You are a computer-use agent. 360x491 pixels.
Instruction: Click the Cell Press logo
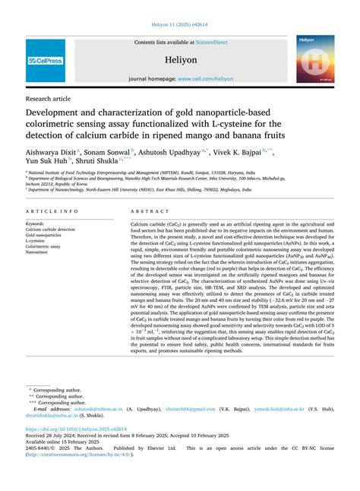(x=45, y=60)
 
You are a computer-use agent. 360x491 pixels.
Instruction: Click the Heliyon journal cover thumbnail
(x=315, y=60)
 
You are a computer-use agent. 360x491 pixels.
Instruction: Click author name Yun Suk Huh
(x=46, y=161)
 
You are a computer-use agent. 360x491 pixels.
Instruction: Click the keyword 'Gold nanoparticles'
(x=47, y=236)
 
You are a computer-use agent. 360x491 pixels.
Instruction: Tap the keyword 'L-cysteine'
(x=39, y=242)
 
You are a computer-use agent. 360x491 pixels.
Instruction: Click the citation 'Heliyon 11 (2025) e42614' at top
(x=180, y=26)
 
